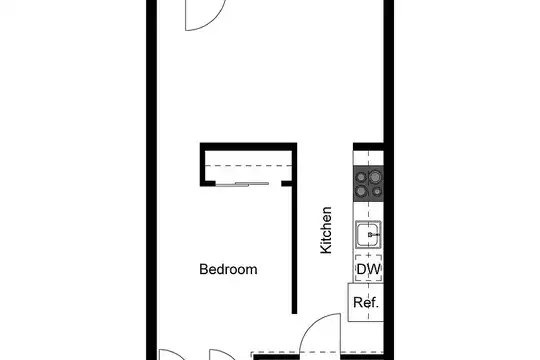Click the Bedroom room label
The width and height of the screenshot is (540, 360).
(228, 269)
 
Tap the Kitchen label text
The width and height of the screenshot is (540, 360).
(326, 230)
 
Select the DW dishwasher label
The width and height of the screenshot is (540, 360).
(369, 269)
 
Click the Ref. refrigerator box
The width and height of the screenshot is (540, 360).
(366, 302)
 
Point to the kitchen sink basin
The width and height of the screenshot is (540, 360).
(368, 235)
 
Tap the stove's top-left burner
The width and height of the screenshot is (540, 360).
(361, 177)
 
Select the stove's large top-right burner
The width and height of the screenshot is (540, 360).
(375, 177)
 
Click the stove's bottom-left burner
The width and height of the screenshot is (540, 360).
(361, 191)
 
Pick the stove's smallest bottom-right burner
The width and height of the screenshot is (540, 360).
(377, 191)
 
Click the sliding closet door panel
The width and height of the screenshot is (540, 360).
(242, 184)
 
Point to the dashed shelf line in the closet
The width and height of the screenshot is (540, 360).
(248, 166)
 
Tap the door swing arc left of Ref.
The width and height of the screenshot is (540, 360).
(312, 323)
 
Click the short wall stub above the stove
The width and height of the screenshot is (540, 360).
(368, 147)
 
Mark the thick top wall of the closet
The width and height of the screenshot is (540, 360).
(248, 146)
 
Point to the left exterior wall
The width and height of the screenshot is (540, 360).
(152, 180)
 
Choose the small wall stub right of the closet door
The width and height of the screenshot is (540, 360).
(287, 184)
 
